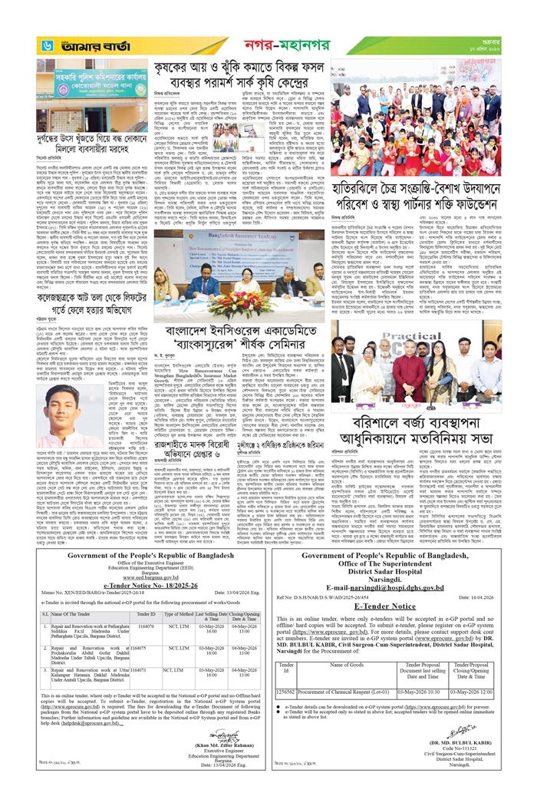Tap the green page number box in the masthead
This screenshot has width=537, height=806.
[x=46, y=47]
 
